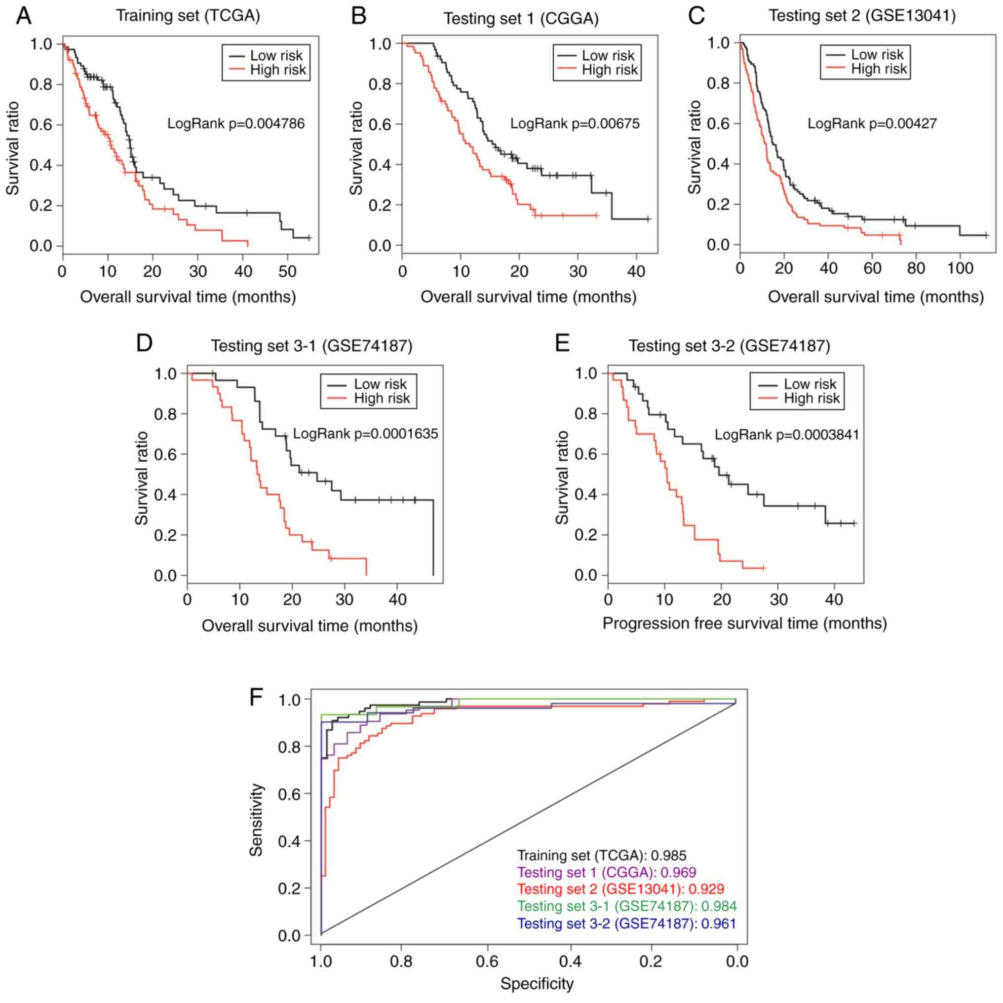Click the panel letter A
tap(24, 17)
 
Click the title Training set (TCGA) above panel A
tap(188, 16)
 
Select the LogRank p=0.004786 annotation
tap(236, 123)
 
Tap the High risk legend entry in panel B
tap(609, 70)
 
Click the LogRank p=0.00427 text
tap(872, 123)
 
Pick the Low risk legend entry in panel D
tap(380, 384)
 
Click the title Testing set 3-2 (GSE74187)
tap(729, 346)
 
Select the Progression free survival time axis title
tap(744, 624)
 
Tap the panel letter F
tap(256, 697)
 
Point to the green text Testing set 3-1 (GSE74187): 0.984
tap(627, 906)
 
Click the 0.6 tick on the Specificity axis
tap(488, 962)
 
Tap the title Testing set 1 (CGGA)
tap(521, 19)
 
